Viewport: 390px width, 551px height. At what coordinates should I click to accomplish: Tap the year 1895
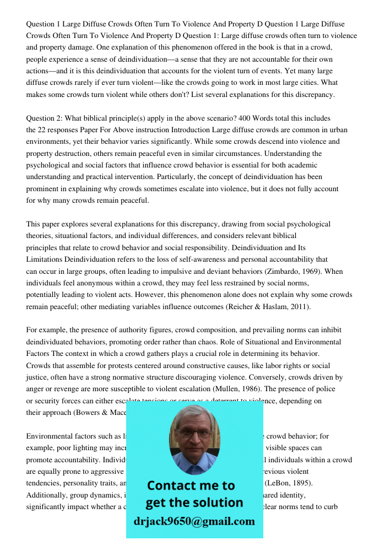tap(302, 483)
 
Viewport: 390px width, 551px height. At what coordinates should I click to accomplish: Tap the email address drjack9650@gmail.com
tap(194, 521)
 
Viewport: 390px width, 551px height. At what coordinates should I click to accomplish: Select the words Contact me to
tap(191, 485)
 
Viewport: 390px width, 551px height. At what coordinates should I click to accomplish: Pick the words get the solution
tap(194, 503)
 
